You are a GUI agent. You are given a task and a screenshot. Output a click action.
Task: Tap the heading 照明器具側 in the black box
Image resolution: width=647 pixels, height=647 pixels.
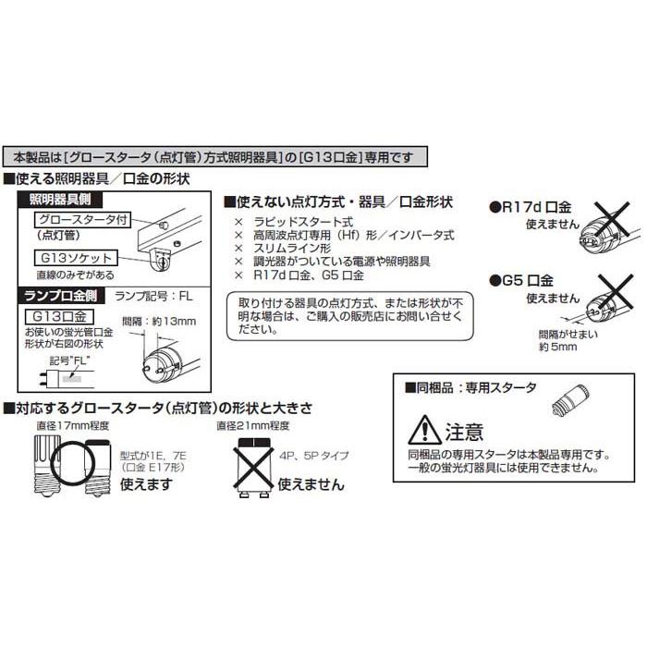click(x=65, y=199)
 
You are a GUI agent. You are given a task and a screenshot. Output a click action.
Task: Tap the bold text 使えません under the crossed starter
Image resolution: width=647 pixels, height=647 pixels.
click(x=311, y=483)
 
